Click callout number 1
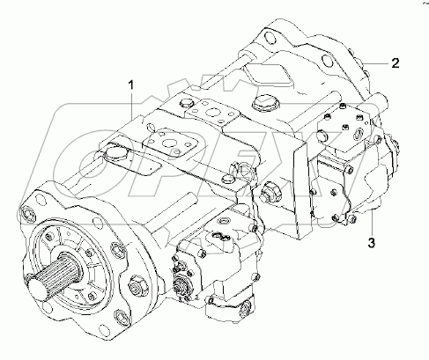[x=132, y=85]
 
